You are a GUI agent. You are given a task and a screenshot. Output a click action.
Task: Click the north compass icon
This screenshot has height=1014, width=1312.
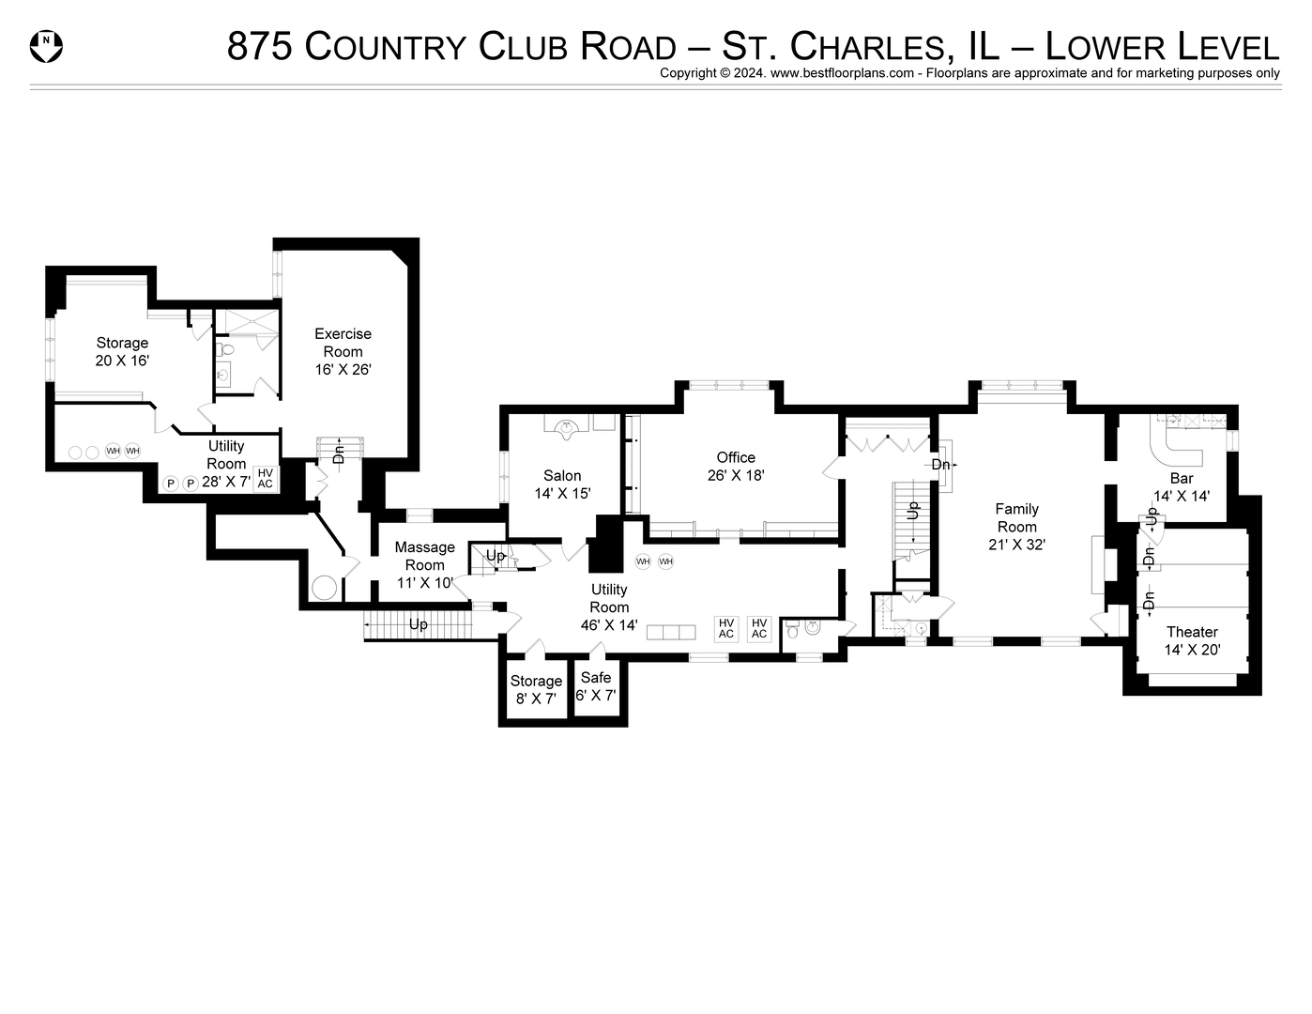46,45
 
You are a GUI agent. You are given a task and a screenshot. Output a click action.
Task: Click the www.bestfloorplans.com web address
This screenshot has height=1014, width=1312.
842,73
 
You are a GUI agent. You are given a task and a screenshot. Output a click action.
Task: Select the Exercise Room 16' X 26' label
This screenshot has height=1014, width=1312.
343,351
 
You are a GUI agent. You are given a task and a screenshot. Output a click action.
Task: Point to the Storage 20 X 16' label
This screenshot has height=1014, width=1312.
122,351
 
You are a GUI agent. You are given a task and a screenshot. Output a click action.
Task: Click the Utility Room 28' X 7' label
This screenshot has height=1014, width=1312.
226,464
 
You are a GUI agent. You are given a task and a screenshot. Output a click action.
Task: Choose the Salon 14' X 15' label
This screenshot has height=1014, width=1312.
562,484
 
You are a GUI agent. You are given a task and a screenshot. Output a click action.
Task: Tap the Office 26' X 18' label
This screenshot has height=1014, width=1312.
736,467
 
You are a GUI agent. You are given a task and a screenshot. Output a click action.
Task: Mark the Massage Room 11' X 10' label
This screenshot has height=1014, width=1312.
424,564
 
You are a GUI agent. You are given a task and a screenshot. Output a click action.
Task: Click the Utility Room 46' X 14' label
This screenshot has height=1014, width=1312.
609,607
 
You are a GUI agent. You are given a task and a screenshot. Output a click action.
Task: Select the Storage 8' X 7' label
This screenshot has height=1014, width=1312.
536,690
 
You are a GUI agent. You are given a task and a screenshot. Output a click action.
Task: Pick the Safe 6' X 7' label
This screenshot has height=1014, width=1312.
596,686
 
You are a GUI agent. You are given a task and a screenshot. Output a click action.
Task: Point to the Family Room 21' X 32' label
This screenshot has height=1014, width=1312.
1016,526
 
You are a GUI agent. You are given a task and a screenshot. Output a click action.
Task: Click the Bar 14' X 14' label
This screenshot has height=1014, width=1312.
1181,486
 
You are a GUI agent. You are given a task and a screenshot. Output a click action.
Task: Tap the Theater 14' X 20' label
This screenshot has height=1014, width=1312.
1192,640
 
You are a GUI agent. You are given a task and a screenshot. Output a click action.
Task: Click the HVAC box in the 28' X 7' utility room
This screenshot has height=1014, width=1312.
266,478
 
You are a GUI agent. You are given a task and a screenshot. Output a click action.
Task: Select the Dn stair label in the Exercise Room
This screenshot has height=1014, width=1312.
339,454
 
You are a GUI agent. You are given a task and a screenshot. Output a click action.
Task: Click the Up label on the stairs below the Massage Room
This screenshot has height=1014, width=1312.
419,624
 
